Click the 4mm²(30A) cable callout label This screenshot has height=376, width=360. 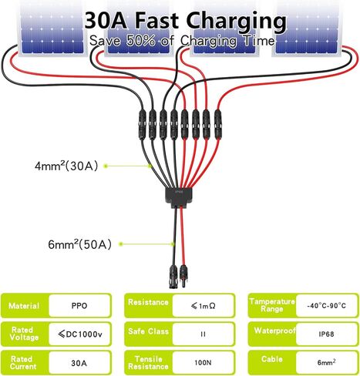coord(66,166)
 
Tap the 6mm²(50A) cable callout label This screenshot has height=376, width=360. coord(80,244)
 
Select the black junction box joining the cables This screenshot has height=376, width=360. coord(178,197)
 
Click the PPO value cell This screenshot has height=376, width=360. coord(79,306)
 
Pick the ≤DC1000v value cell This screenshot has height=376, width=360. coord(80,334)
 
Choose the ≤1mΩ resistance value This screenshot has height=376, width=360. coord(204,306)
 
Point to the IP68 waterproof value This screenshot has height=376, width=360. coord(326,334)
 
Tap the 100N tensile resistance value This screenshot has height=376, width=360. coord(203,363)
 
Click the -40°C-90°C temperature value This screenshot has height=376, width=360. coord(326,306)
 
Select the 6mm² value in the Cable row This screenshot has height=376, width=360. coord(326,362)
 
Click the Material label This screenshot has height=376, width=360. coord(24,306)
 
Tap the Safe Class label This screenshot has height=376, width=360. coord(148,331)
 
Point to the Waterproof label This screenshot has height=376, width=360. coord(274,331)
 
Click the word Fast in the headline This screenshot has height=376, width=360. coord(156,21)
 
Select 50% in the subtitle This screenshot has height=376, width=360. coord(141,41)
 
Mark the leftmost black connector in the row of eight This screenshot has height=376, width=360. coord(143,124)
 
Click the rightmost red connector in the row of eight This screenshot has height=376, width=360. coord(217,124)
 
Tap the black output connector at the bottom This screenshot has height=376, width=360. coord(173,277)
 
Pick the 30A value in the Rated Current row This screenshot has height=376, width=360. coord(79,363)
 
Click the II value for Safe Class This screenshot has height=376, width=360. coord(203,334)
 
